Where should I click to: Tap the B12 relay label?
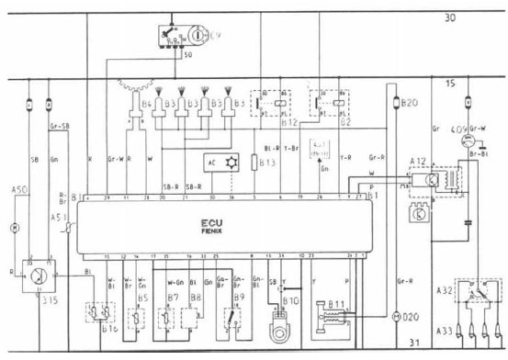[x=266, y=119]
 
